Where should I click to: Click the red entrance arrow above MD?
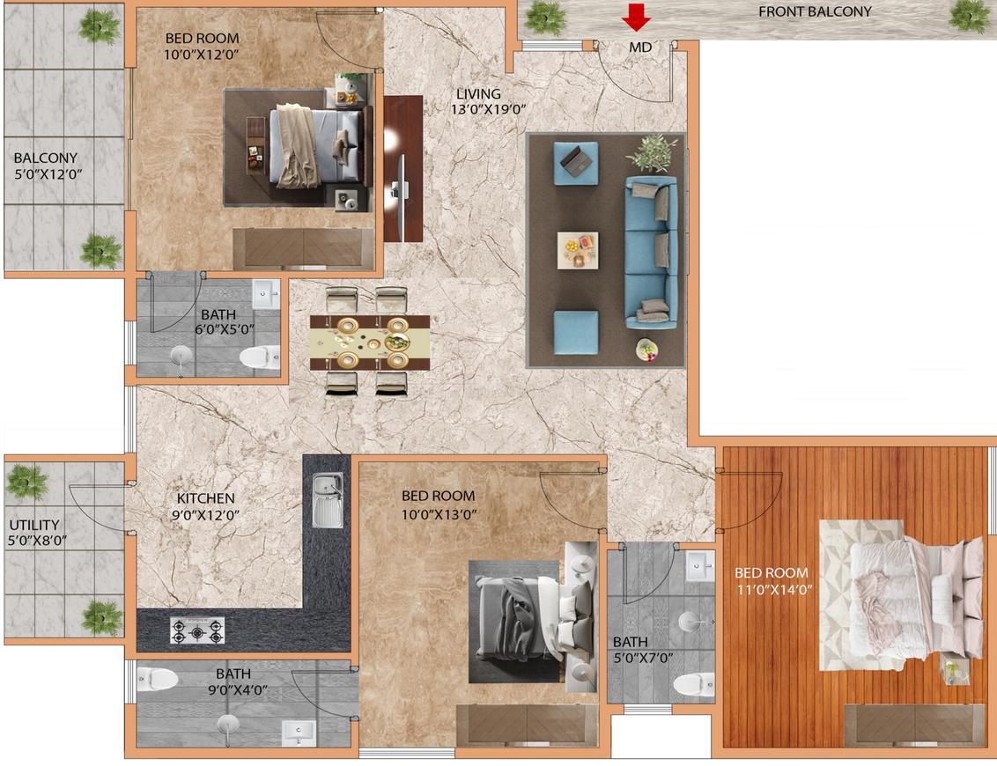tap(636, 17)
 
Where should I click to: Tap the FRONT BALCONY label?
tap(815, 11)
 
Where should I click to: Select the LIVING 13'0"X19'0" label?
tap(488, 101)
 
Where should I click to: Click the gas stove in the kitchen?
tap(197, 630)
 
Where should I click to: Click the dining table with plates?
tap(369, 342)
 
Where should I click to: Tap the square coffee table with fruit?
tap(578, 250)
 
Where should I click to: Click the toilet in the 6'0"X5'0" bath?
tap(260, 357)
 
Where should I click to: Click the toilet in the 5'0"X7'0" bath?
tap(694, 685)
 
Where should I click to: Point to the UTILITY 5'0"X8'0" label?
tap(37, 533)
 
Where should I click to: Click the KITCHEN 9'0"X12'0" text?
tap(205, 506)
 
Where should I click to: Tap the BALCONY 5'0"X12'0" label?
tap(48, 166)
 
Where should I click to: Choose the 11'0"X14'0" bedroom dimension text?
tap(774, 589)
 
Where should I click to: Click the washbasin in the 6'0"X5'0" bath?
tap(266, 293)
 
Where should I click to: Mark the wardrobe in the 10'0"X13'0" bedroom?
tap(528, 725)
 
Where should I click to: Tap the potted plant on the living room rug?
tap(652, 152)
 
